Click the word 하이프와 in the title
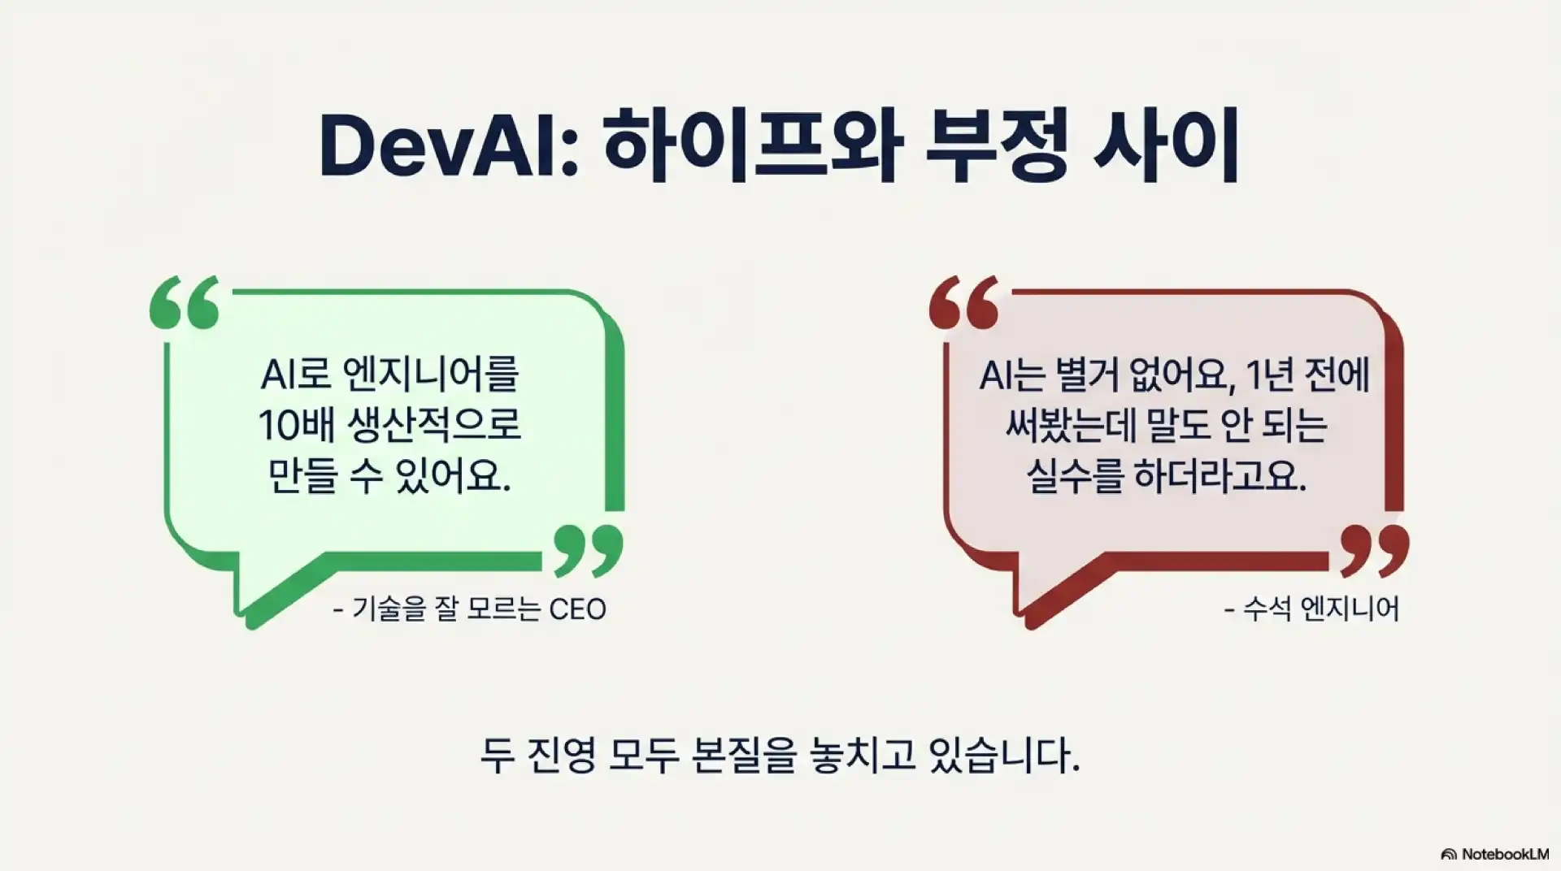(753, 149)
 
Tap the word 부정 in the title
(996, 149)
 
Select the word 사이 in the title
(1167, 149)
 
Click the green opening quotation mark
(185, 302)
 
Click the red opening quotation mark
(963, 302)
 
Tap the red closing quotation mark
(1373, 549)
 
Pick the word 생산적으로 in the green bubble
(434, 425)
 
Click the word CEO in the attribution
(577, 609)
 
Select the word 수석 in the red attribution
(1267, 609)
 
